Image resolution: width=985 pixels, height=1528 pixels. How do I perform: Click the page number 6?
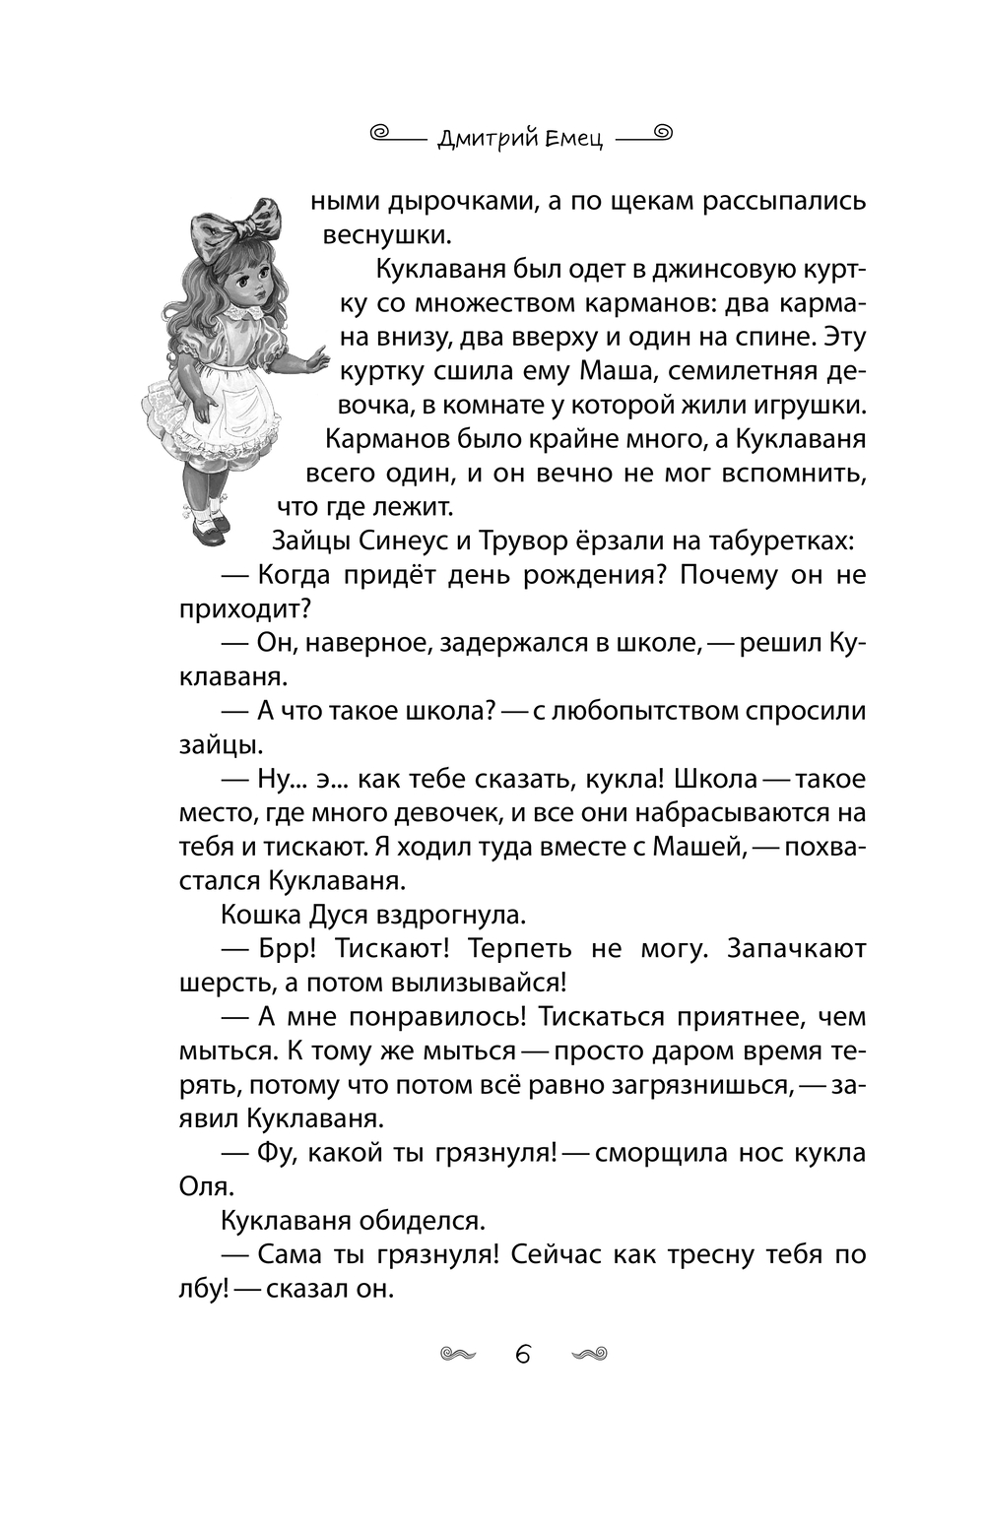(x=523, y=1355)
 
